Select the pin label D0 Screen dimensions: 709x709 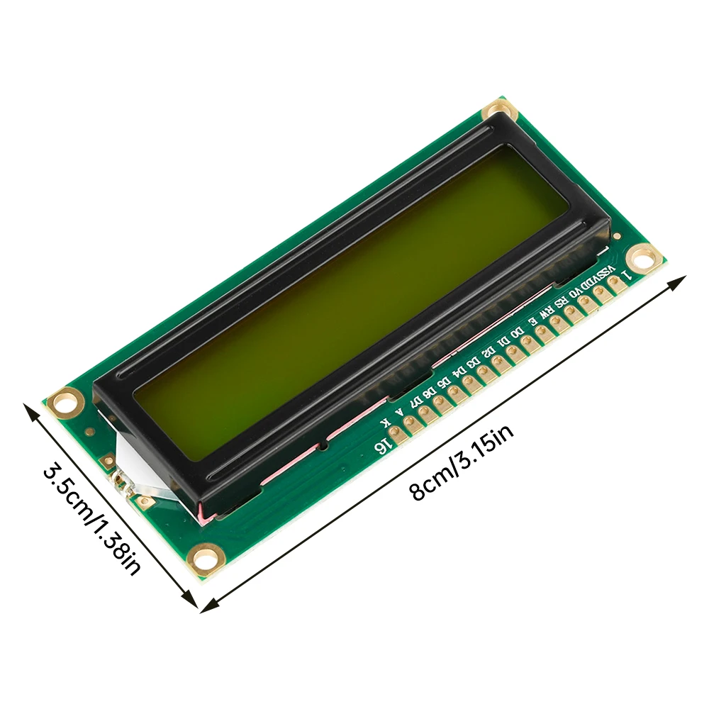(x=519, y=331)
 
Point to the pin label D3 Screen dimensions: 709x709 (x=474, y=360)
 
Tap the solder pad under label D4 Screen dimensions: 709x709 (x=468, y=383)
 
